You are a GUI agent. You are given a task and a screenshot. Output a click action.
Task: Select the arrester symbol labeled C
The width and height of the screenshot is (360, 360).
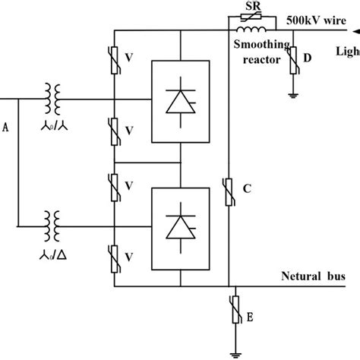pyautogui.click(x=229, y=190)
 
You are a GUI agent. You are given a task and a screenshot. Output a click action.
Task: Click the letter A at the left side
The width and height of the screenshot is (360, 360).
pyautogui.click(x=6, y=128)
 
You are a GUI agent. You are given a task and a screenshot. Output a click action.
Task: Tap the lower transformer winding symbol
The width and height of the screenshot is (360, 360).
pyautogui.click(x=54, y=226)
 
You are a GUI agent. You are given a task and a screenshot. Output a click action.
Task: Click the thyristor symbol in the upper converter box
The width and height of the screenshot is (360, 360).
pyautogui.click(x=181, y=102)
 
